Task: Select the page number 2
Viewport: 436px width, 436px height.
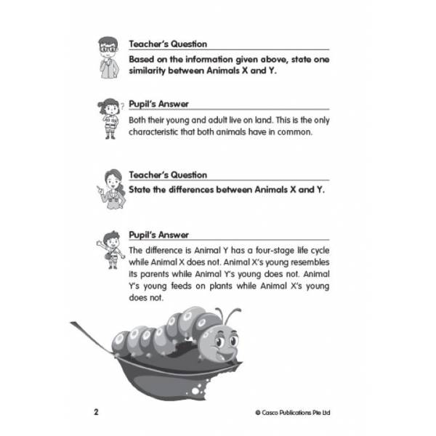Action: click(96, 412)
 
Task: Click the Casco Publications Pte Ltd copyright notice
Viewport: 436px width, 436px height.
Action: click(298, 413)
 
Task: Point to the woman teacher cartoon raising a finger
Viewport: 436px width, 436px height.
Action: click(110, 187)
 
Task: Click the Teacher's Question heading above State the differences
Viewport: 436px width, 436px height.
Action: click(168, 175)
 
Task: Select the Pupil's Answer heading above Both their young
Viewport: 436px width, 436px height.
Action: click(158, 104)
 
